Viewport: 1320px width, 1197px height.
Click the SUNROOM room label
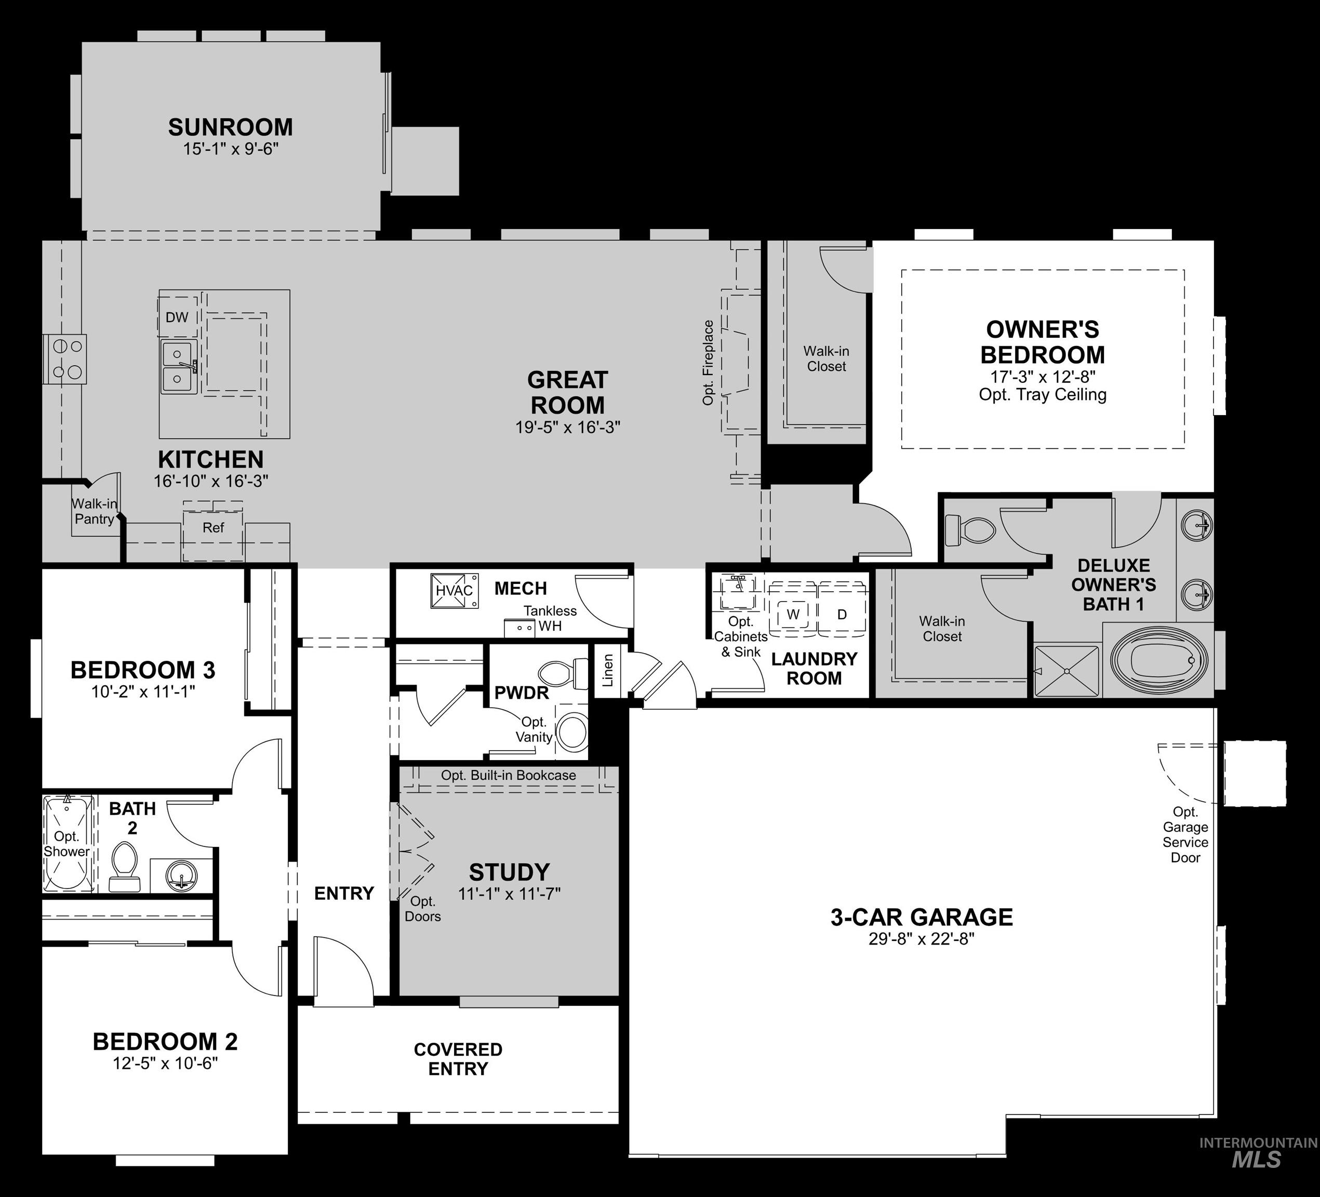(231, 127)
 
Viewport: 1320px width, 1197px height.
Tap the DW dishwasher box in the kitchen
(177, 317)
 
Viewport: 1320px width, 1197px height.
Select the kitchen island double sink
(178, 366)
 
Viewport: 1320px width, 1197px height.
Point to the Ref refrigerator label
(214, 528)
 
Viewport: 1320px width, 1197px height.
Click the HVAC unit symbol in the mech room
(454, 591)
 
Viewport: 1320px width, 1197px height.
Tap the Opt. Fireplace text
(708, 362)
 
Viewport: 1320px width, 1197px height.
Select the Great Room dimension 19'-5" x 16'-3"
(568, 428)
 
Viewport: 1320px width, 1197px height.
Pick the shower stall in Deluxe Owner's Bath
(1066, 671)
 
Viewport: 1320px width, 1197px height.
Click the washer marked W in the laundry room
(793, 614)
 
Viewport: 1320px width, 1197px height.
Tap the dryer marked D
(842, 614)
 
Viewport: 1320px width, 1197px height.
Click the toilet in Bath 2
(124, 866)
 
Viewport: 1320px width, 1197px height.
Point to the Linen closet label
(608, 670)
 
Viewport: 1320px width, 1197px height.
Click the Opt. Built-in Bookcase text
(508, 775)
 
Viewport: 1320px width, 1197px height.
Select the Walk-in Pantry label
(95, 511)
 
